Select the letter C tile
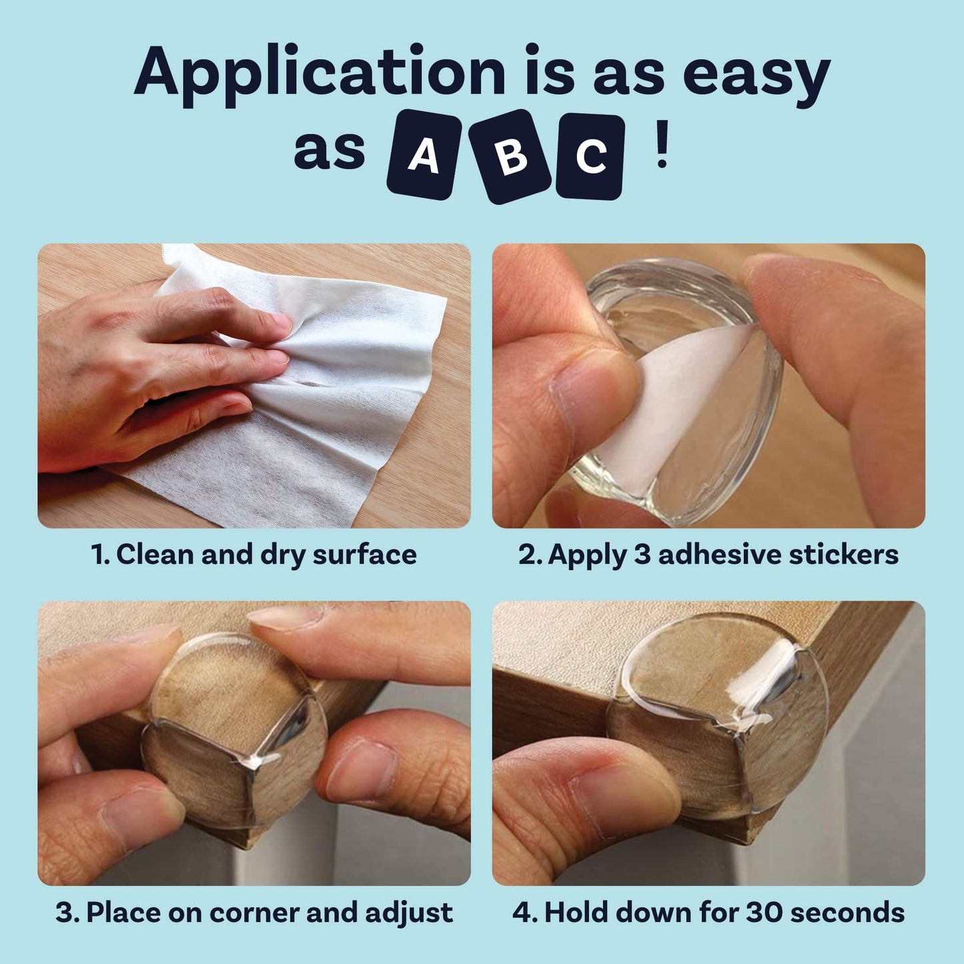[590, 156]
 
